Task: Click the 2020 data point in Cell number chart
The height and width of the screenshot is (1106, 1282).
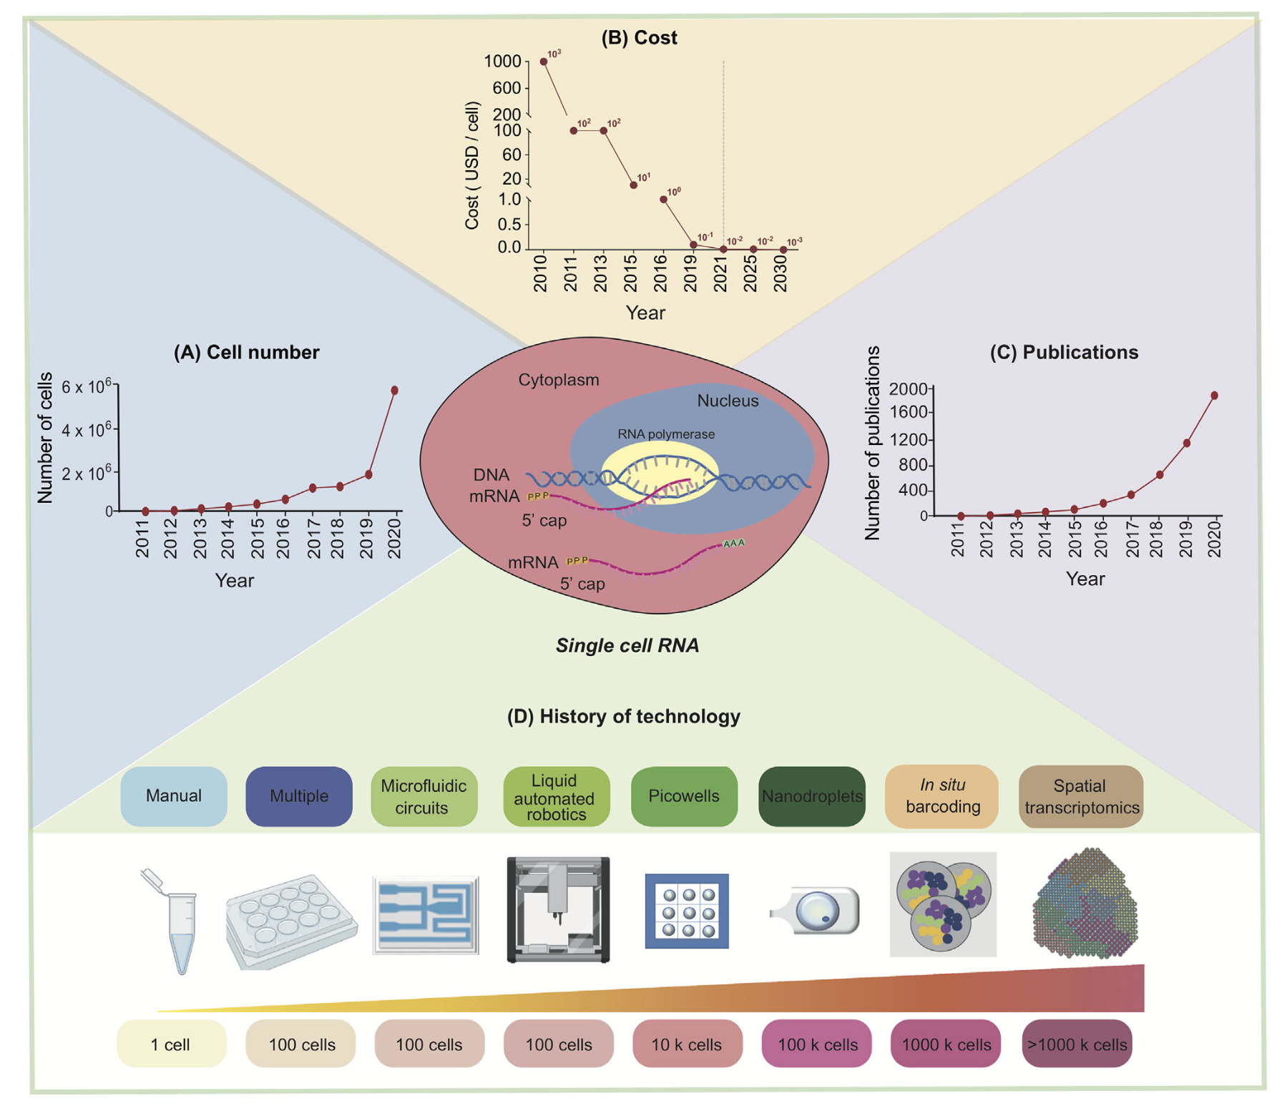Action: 394,391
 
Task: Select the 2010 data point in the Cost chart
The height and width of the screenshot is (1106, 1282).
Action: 544,62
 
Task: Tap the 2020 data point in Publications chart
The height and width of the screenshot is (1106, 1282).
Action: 1214,396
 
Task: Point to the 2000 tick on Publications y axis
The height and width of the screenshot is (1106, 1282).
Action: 908,389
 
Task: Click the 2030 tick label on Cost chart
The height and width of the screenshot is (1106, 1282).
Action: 781,273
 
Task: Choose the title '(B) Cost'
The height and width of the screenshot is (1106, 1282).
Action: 639,38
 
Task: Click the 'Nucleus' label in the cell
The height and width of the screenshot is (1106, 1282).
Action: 728,401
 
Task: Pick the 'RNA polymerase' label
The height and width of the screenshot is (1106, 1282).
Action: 666,434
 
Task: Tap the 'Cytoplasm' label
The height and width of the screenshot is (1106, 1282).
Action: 559,380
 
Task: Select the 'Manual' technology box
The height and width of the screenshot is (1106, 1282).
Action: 174,796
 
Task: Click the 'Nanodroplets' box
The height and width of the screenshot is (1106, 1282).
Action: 812,796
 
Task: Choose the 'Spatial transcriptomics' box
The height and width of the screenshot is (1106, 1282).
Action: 1081,796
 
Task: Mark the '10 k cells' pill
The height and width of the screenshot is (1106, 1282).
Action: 687,1044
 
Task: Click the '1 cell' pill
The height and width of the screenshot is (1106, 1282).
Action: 171,1044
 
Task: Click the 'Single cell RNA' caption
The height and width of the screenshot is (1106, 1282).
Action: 627,645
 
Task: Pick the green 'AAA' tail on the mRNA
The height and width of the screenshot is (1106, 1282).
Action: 734,544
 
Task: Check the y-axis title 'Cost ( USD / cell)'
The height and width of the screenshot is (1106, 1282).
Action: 472,166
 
